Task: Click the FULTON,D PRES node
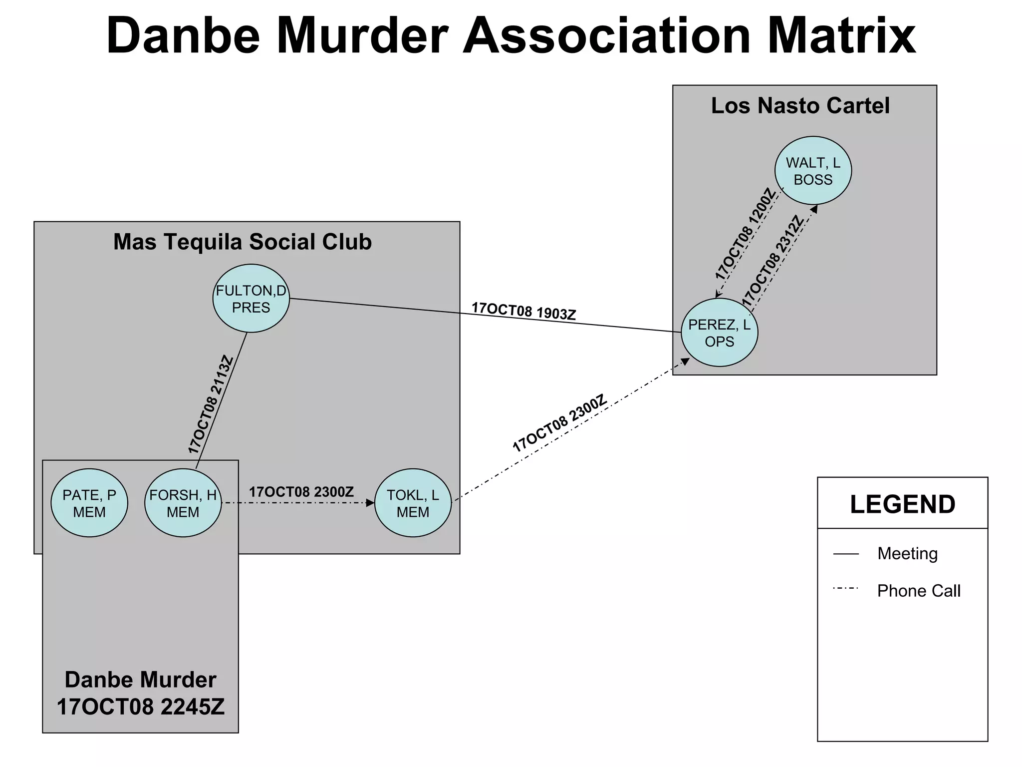pyautogui.click(x=251, y=299)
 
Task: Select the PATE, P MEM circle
pyautogui.click(x=89, y=503)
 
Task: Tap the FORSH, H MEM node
pyautogui.click(x=183, y=503)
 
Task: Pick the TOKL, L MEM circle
pyautogui.click(x=413, y=503)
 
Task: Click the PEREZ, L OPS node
pyautogui.click(x=719, y=333)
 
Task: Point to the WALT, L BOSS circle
pyautogui.click(x=813, y=171)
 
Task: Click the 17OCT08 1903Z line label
pyautogui.click(x=524, y=311)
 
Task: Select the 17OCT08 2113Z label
pyautogui.click(x=211, y=404)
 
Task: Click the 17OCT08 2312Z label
pyautogui.click(x=773, y=261)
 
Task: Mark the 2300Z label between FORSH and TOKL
pyautogui.click(x=301, y=492)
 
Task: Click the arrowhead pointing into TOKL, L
pyautogui.click(x=370, y=503)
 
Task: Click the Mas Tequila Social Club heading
pyautogui.click(x=243, y=242)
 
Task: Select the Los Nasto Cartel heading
pyautogui.click(x=800, y=106)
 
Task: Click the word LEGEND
pyautogui.click(x=902, y=504)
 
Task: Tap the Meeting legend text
pyautogui.click(x=907, y=553)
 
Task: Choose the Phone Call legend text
pyautogui.click(x=919, y=591)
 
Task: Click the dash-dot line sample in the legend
pyautogui.click(x=846, y=589)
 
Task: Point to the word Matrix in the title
pyautogui.click(x=841, y=36)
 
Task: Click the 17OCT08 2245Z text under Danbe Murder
pyautogui.click(x=141, y=707)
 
